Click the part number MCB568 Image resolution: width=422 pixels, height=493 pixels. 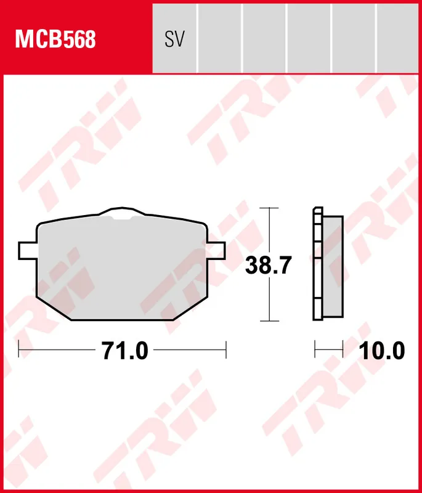click(55, 39)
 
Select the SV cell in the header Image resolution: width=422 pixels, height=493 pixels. click(174, 39)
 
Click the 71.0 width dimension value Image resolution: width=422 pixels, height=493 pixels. click(125, 351)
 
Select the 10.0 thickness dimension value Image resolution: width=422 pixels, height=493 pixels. click(382, 351)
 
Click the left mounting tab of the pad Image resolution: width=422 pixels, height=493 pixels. click(28, 250)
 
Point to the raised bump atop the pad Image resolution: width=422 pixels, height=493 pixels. click(122, 213)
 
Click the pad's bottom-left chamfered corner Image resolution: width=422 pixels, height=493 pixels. click(52, 308)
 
